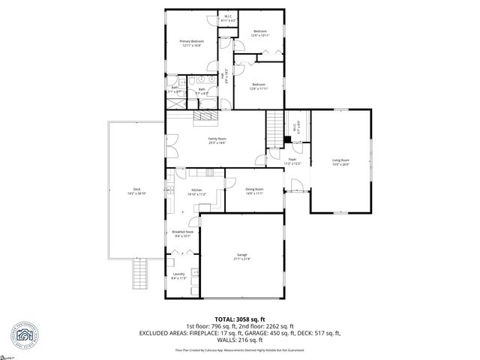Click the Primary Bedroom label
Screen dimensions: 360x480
tap(191, 40)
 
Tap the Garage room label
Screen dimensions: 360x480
tap(241, 255)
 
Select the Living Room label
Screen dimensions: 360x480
tap(340, 160)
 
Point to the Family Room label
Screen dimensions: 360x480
tap(217, 139)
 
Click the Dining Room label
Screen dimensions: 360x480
tap(254, 189)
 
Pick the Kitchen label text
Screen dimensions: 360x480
tap(196, 190)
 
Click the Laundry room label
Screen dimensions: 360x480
tap(178, 274)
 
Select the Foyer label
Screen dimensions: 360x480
tap(292, 159)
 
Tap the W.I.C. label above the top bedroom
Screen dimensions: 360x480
tap(228, 16)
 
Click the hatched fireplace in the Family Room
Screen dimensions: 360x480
tap(205, 116)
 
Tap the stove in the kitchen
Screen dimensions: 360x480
tap(209, 174)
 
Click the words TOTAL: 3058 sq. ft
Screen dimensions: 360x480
tap(239, 319)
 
